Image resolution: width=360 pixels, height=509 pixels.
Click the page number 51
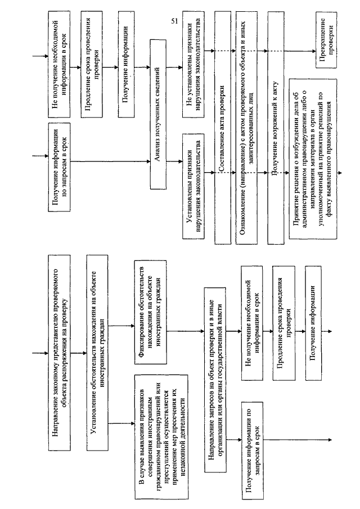click(174, 21)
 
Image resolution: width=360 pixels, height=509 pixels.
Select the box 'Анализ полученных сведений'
click(158, 114)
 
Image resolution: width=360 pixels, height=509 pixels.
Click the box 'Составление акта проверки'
click(223, 128)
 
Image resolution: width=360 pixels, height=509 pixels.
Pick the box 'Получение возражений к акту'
click(276, 128)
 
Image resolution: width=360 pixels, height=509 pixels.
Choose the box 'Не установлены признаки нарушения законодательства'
click(193, 65)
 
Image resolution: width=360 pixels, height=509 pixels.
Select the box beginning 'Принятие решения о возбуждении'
click(313, 159)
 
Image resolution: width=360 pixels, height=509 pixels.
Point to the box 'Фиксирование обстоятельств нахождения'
click(150, 312)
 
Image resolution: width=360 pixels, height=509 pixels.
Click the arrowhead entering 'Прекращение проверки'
click(313, 51)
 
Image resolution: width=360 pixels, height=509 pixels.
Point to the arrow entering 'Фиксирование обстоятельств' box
click(121, 326)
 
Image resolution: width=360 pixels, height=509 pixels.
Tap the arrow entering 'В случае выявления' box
click(121, 424)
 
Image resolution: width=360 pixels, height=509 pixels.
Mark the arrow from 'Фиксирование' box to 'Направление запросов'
click(186, 331)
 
